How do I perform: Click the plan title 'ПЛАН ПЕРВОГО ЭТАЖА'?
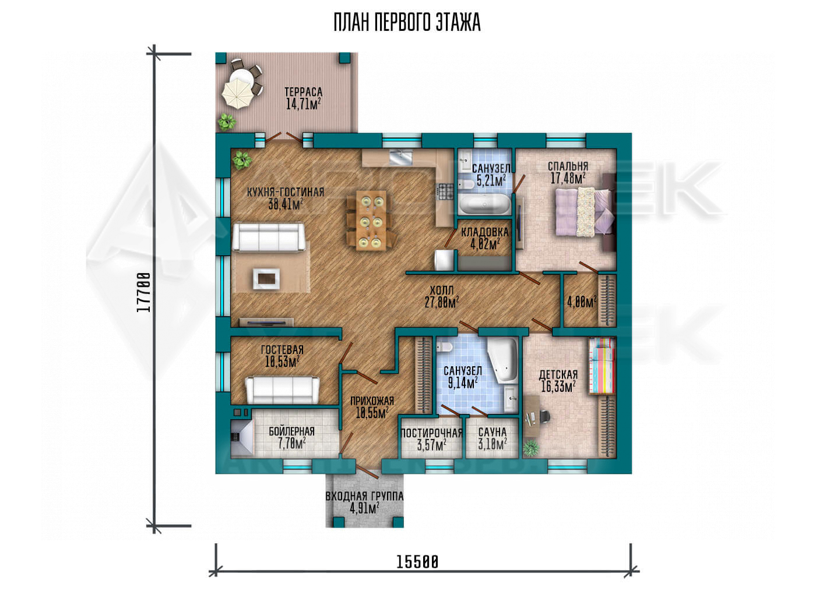click(407, 23)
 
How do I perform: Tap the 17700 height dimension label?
click(143, 292)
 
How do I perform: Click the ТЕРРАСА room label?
click(303, 92)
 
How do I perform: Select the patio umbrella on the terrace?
click(237, 94)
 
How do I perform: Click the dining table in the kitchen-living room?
click(371, 221)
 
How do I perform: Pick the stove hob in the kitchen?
click(445, 192)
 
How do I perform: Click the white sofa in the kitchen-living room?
click(269, 238)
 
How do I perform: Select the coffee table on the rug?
click(266, 278)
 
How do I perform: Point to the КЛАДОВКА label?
click(484, 232)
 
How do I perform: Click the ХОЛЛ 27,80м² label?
click(442, 296)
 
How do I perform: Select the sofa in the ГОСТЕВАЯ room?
click(282, 390)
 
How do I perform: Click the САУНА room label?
click(492, 432)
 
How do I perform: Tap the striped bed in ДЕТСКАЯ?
click(602, 366)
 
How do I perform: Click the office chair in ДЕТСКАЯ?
click(544, 415)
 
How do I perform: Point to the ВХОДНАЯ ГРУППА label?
click(364, 496)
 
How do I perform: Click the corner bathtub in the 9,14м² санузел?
click(502, 360)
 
